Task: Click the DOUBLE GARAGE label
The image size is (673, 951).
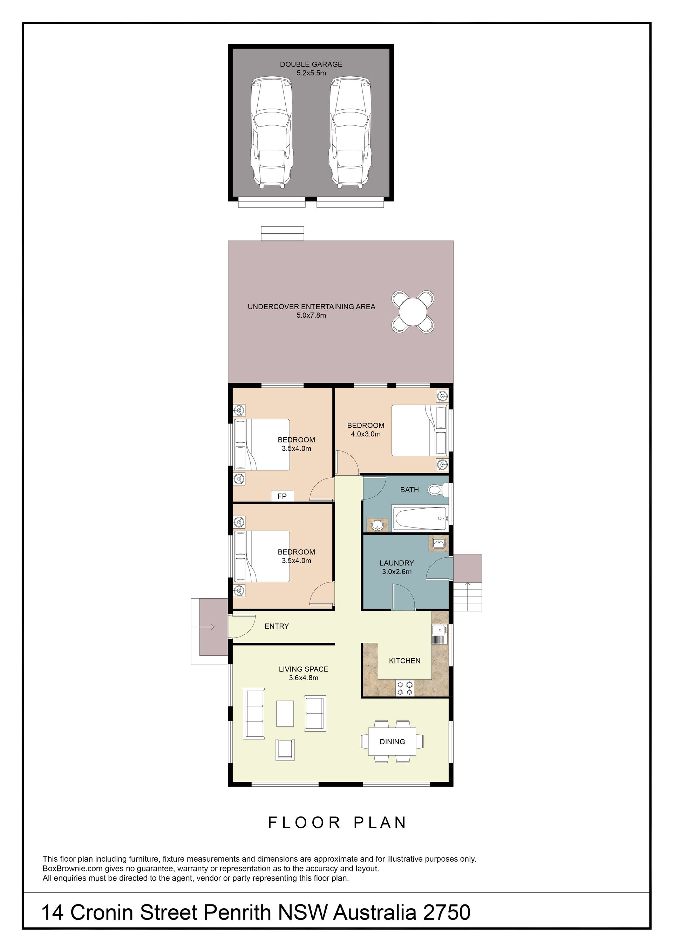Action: (311, 64)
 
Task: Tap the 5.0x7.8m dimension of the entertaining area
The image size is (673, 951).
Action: (311, 315)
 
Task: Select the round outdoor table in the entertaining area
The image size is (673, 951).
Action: (413, 311)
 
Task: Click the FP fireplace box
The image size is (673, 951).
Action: (282, 496)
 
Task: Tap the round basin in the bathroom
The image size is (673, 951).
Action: (378, 525)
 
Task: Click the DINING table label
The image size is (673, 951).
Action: (392, 742)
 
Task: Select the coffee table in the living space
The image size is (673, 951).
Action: (285, 713)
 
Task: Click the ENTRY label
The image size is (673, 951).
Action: (277, 626)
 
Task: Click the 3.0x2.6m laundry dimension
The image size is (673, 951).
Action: (396, 572)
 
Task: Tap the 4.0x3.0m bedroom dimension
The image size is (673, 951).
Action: (366, 434)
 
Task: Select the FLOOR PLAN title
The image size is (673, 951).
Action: (337, 822)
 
